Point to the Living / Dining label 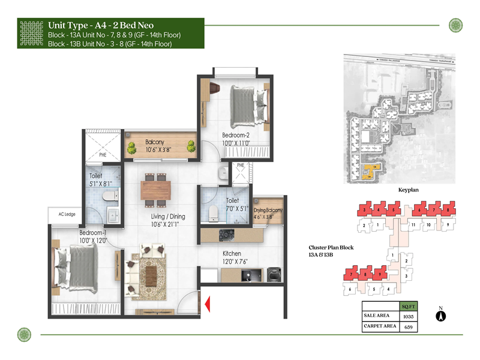coord(168,217)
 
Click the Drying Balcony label coord(268,210)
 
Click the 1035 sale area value coord(409,316)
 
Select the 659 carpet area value coord(409,327)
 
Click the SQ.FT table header coord(409,305)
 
